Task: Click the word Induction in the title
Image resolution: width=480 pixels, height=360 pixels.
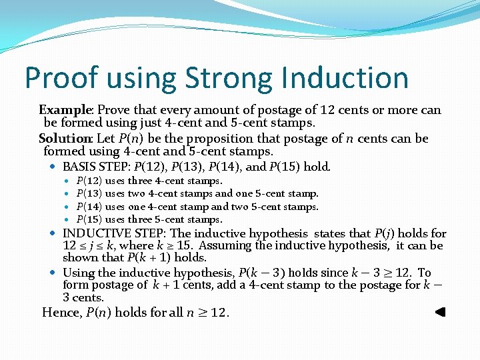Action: coord(344,78)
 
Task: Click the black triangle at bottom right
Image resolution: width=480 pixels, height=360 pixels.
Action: coord(439,312)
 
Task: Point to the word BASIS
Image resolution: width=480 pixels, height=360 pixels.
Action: coord(79,167)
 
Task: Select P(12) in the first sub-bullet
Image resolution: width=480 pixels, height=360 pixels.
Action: coord(89,181)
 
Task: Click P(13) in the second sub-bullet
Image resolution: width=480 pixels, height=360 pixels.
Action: coord(89,193)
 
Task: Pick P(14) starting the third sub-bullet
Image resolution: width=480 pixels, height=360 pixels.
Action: coord(89,207)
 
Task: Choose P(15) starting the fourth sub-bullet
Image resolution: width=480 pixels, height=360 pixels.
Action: coord(89,219)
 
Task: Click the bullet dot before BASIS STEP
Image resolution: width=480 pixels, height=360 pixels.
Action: coord(53,167)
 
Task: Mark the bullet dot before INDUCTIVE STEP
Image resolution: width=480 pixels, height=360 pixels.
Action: coord(53,233)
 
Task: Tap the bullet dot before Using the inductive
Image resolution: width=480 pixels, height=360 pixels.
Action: coord(53,273)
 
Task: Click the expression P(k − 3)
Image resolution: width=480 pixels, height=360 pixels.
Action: coord(263,273)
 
